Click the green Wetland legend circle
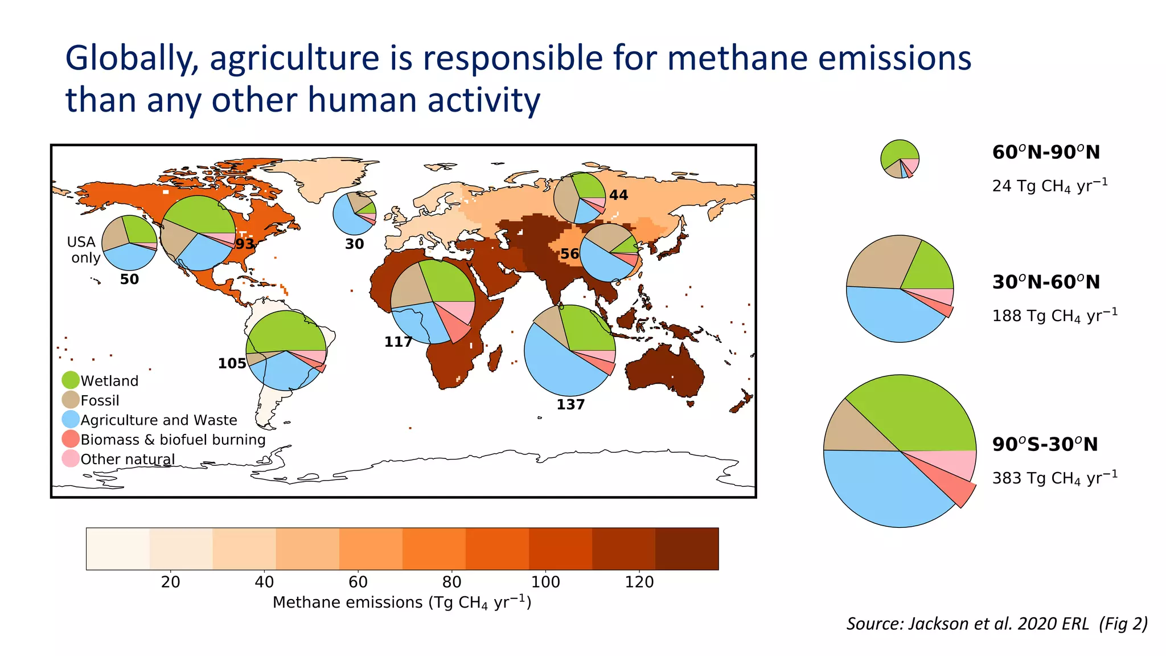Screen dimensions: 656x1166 71,380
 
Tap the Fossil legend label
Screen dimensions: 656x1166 100,400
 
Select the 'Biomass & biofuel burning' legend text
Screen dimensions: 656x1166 173,440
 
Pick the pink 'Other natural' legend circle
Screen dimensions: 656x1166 71,458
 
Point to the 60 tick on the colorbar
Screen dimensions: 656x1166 358,582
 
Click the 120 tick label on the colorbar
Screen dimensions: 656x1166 639,582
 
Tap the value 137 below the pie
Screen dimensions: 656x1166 570,404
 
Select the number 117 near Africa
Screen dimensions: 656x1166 398,342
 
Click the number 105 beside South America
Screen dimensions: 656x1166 232,363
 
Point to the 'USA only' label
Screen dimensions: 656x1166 84,249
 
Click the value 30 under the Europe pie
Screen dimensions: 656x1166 354,244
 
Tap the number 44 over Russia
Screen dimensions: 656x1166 618,195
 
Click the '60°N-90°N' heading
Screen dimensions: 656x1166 1046,152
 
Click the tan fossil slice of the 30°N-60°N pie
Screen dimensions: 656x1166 877,265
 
